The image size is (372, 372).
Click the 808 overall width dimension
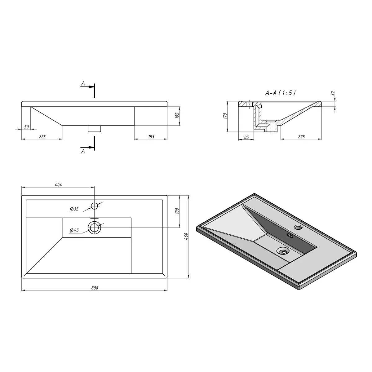(95, 288)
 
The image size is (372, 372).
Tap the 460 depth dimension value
(186, 236)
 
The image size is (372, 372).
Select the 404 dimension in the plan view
(58, 185)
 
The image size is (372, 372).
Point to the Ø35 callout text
(74, 209)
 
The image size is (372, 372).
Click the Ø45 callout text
(74, 230)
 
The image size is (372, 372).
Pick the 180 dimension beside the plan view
(177, 211)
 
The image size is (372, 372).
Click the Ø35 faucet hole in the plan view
(95, 206)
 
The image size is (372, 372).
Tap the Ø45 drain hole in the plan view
(95, 227)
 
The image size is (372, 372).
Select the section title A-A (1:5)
(281, 93)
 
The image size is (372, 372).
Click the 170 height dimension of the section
(225, 116)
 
